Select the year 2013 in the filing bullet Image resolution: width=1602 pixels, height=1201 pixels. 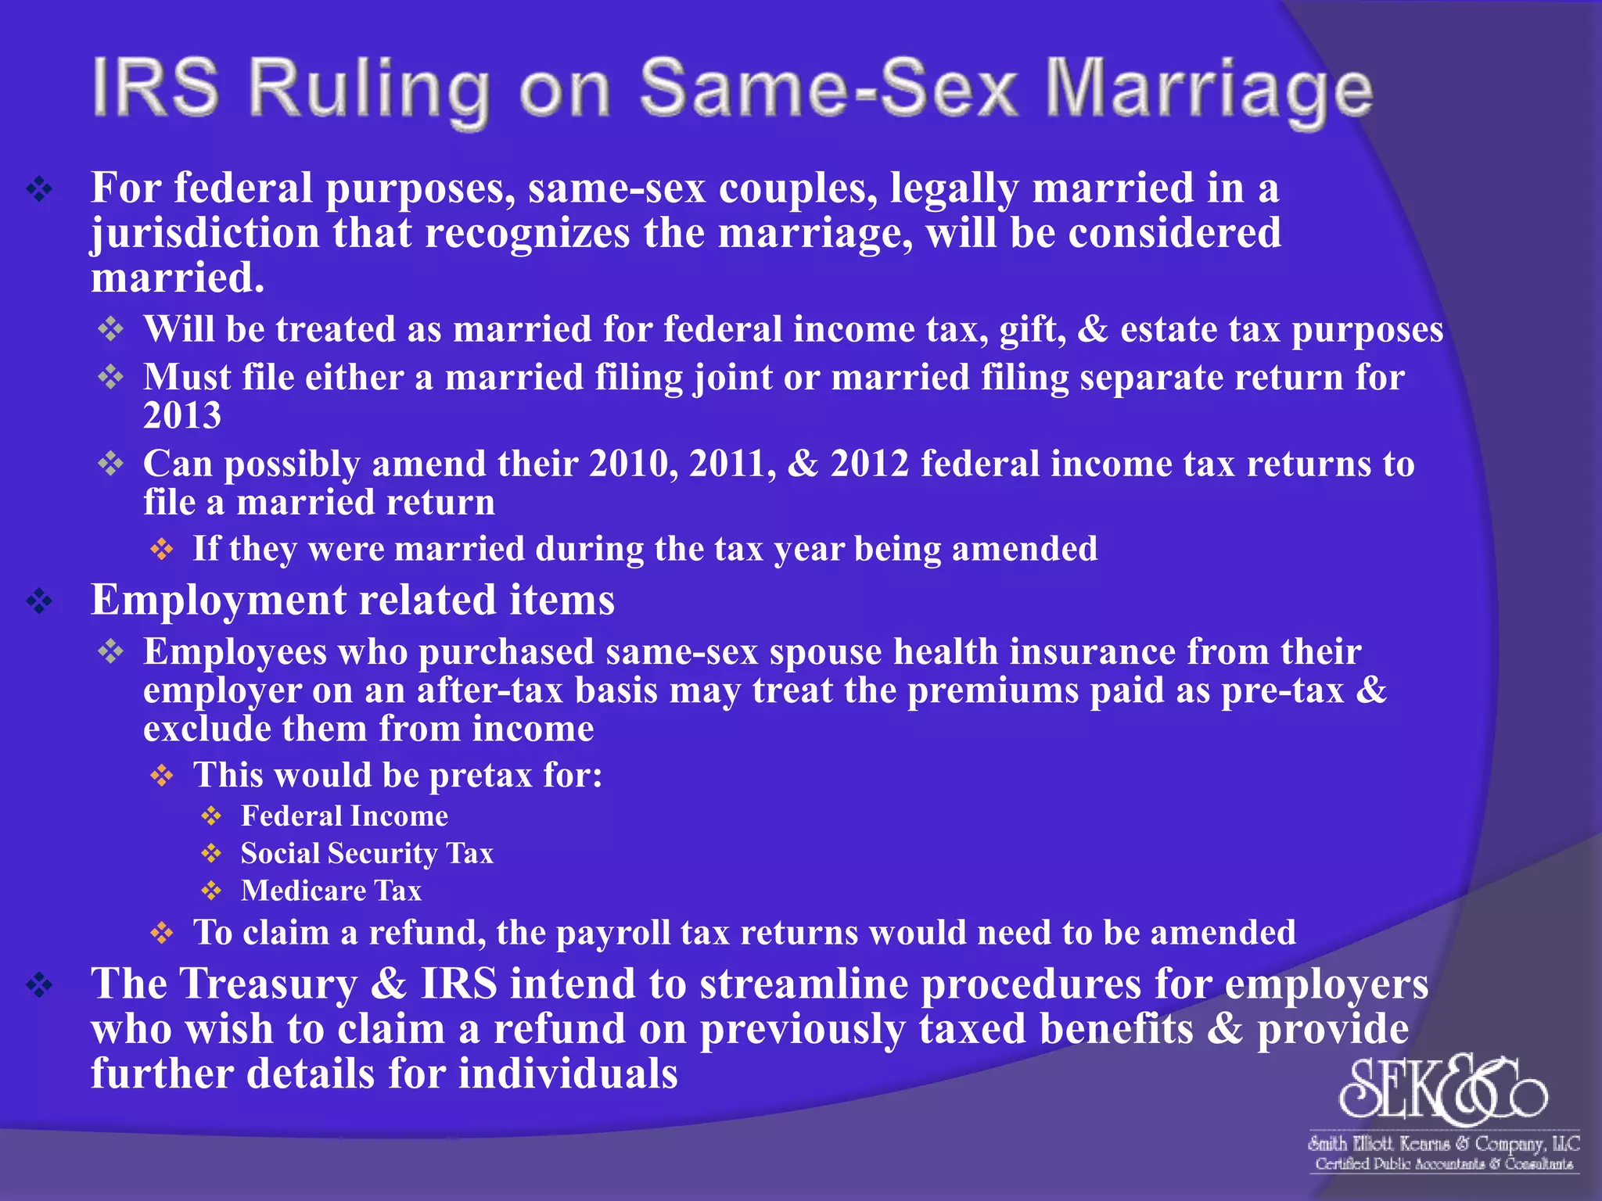182,415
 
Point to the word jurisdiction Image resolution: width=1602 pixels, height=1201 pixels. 205,234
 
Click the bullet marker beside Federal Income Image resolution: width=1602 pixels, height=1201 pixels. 211,816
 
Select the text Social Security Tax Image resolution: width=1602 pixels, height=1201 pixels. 367,853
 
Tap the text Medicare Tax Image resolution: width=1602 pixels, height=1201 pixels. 331,891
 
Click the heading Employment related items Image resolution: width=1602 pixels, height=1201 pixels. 353,600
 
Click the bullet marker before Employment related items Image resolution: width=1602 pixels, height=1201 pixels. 39,601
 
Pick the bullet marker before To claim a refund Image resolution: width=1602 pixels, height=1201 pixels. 161,933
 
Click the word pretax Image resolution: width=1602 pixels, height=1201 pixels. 481,776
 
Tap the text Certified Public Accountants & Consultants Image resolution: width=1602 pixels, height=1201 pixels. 1444,1164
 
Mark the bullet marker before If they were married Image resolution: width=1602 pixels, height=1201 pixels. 161,550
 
